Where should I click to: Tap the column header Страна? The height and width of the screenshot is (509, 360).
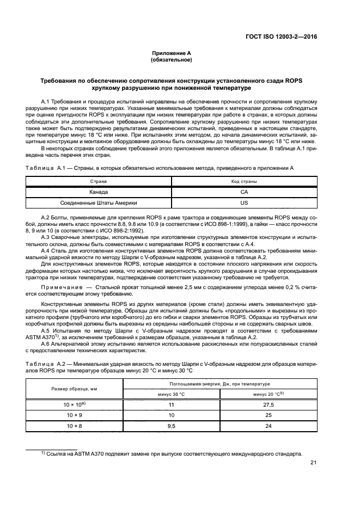[x=99, y=181]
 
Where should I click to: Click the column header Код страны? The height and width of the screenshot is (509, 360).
[x=244, y=181]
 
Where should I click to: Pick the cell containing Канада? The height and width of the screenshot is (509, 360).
[x=99, y=192]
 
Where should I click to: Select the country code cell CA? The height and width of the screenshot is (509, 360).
[x=244, y=192]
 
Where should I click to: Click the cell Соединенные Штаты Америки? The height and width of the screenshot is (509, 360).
[x=99, y=203]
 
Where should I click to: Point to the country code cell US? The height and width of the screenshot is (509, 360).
[x=244, y=203]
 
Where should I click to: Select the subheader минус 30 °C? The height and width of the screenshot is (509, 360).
[x=171, y=394]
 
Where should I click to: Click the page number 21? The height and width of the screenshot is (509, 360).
[x=313, y=463]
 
